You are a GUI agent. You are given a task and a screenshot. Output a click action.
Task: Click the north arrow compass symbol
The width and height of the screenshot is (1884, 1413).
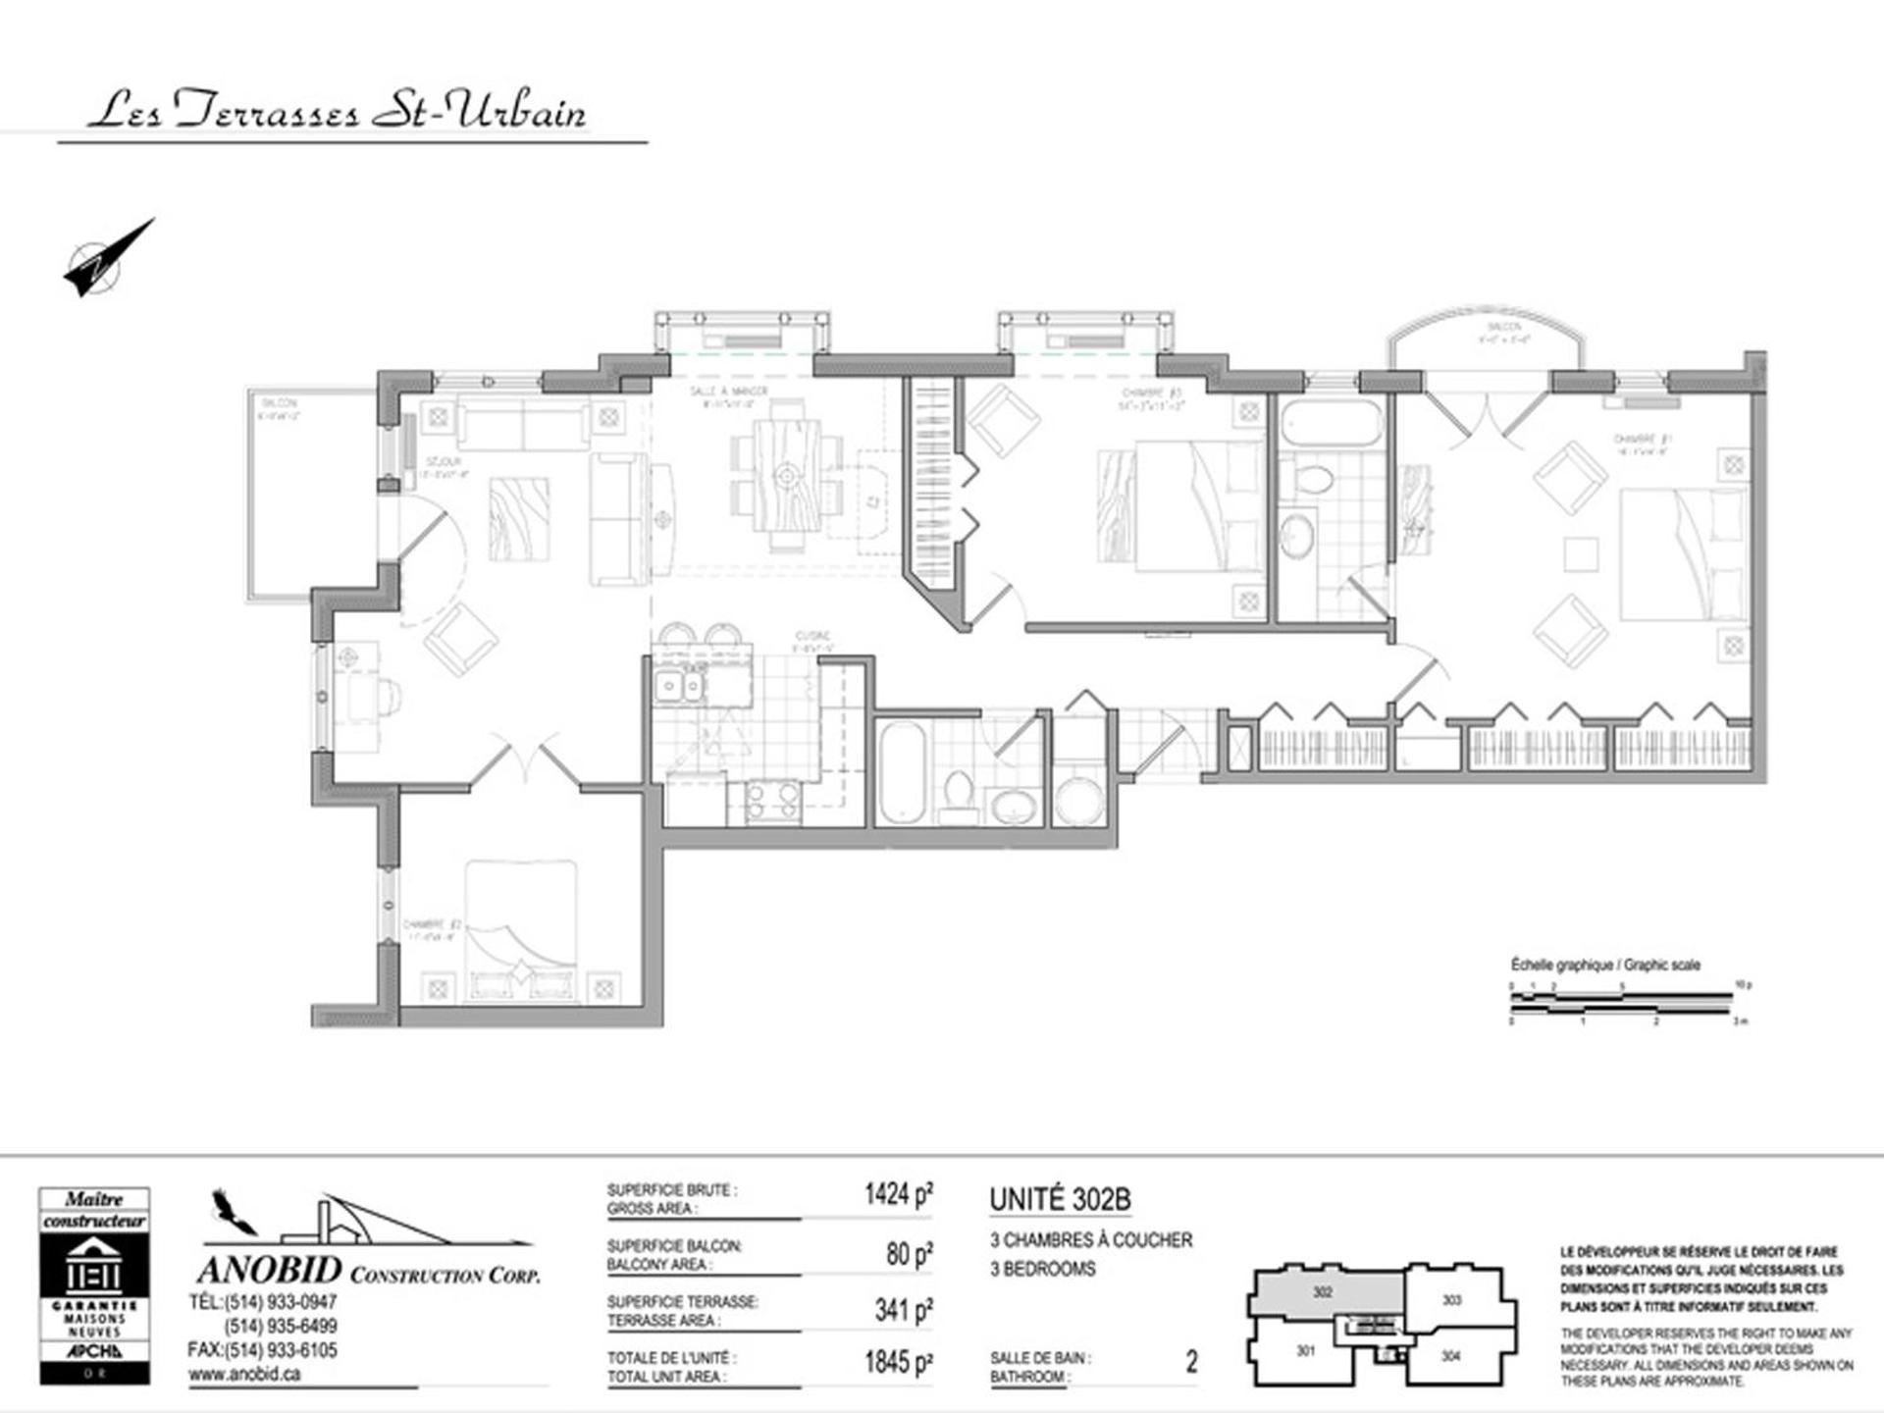coord(106,259)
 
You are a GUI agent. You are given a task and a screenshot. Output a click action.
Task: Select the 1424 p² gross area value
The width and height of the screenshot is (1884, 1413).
coord(898,1194)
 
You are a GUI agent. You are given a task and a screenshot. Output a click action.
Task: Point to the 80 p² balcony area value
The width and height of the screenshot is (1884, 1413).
coord(909,1253)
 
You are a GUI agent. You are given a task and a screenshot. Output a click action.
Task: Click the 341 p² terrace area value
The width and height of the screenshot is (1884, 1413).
coord(903,1309)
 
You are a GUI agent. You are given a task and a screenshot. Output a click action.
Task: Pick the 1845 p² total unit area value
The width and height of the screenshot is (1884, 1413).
coord(898,1363)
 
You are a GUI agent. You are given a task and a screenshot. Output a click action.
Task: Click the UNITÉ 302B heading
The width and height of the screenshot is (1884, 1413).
coord(1060,1199)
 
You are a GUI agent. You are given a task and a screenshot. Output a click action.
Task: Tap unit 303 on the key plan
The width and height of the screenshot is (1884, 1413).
coord(1451,1300)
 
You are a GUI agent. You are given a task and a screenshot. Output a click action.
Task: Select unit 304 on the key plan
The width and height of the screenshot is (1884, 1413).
coord(1450,1355)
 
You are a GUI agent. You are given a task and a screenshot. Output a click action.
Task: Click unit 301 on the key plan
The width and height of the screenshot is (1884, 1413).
coord(1304,1351)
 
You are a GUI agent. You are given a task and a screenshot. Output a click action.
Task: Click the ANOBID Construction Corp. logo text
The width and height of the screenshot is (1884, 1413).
coord(368,1272)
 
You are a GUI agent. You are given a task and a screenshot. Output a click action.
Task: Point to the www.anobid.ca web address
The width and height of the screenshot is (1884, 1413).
coord(244,1374)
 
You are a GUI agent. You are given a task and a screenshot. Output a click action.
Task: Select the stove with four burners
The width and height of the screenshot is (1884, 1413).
coord(772,800)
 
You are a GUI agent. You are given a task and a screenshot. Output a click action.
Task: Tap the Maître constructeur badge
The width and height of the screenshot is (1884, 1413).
coord(94,1285)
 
